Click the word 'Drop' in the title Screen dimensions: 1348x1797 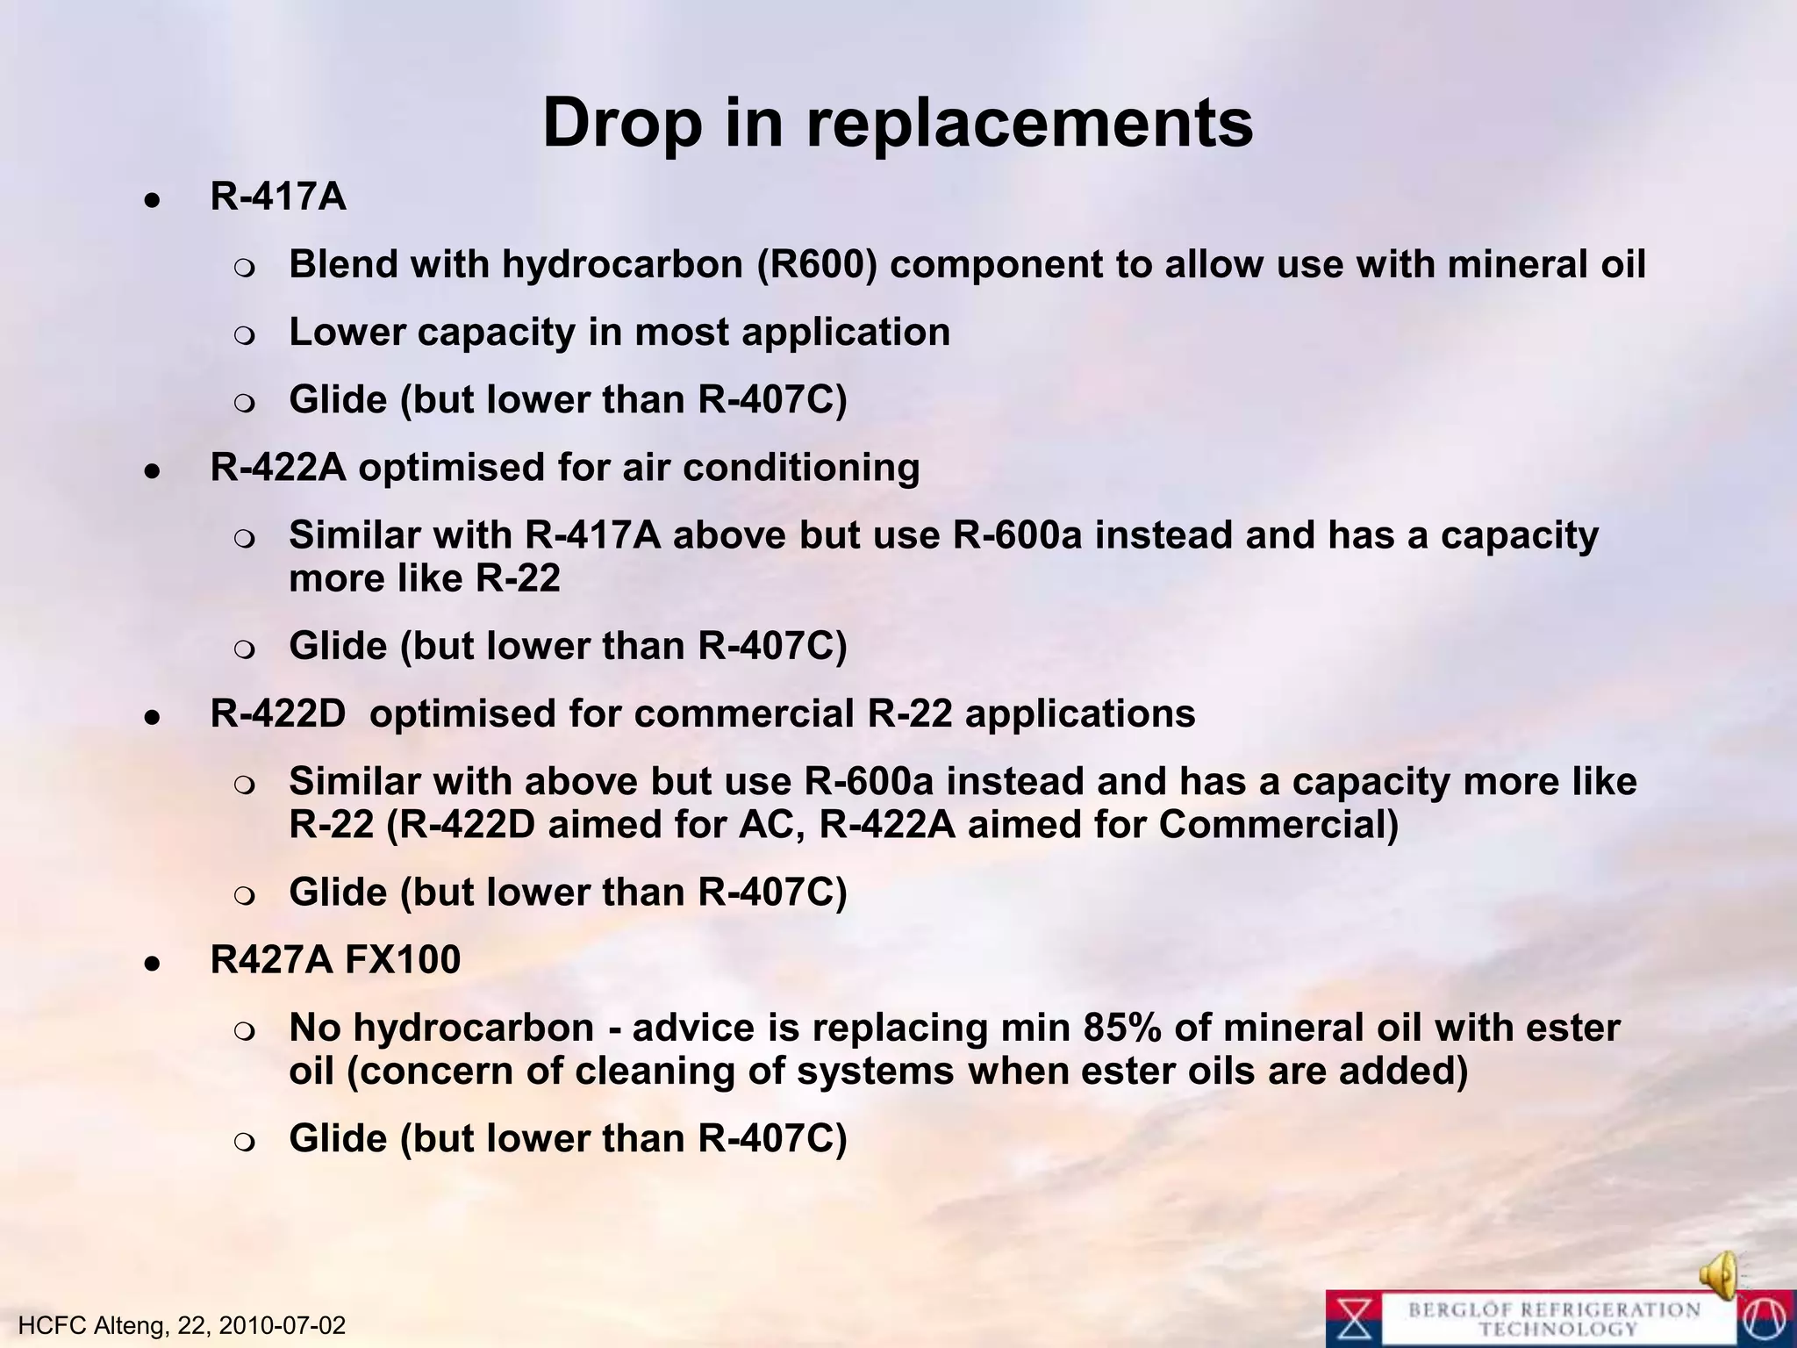pyautogui.click(x=622, y=124)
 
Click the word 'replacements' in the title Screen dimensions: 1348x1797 pyautogui.click(x=1029, y=124)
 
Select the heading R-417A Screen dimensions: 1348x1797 pyautogui.click(x=278, y=197)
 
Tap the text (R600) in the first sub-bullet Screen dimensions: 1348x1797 pyautogui.click(x=817, y=264)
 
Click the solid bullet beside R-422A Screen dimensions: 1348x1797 pyautogui.click(x=153, y=471)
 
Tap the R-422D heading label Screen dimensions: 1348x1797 pyautogui.click(x=278, y=713)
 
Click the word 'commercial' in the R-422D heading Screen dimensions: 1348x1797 pyautogui.click(x=743, y=713)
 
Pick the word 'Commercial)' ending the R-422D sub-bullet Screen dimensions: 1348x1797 pyautogui.click(x=1278, y=825)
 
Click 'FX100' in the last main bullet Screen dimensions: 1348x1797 pyautogui.click(x=403, y=959)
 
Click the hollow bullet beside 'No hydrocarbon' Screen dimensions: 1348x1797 pyautogui.click(x=245, y=1031)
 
